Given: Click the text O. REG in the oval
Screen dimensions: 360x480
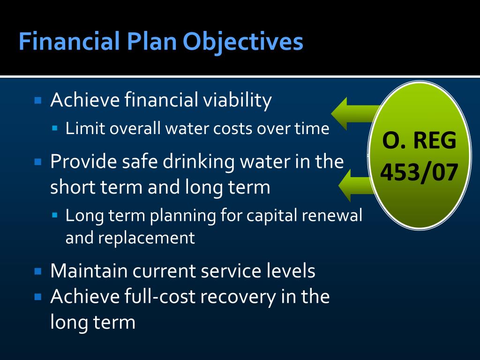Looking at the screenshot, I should point(419,141).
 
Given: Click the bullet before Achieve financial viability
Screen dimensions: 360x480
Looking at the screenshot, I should point(38,100).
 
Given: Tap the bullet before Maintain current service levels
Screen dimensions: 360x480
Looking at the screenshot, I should point(38,271).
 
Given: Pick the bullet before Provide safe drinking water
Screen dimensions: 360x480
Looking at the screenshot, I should point(38,162).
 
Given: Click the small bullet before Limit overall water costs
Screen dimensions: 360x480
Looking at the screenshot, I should point(55,127).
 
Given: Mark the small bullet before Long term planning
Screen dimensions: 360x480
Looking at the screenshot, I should point(55,215).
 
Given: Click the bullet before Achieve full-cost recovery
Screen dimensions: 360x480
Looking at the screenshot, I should point(38,296).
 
